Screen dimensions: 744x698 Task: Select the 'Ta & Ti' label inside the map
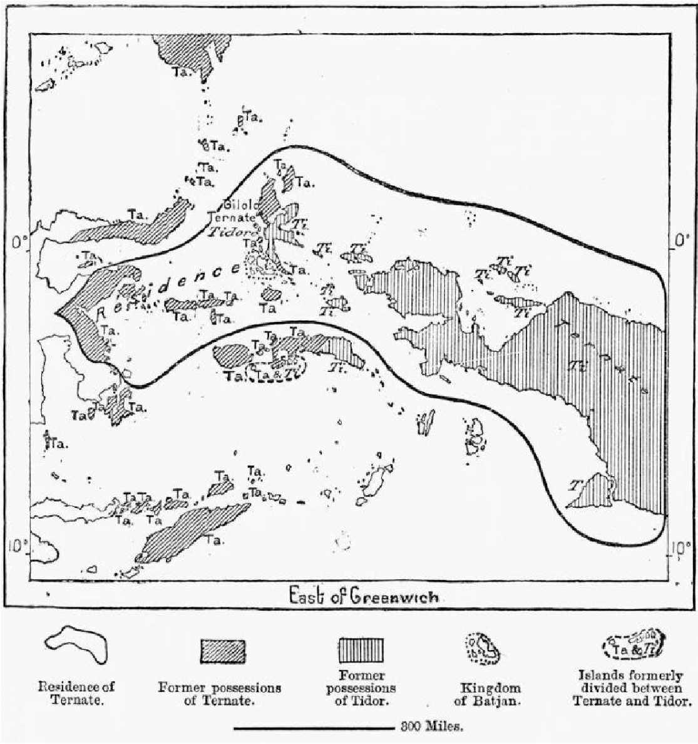pyautogui.click(x=275, y=371)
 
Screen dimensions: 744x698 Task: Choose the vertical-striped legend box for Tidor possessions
pyautogui.click(x=361, y=651)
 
